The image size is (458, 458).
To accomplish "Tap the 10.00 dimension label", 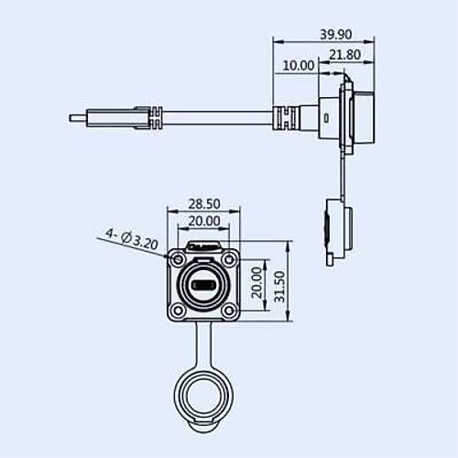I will coord(298,66).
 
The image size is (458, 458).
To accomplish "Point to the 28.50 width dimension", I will coord(202,204).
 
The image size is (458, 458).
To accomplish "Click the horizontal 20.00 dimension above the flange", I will coord(202,221).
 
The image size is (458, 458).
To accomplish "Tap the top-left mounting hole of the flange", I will coord(179,260).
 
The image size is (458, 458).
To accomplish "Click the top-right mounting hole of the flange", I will coord(228,260).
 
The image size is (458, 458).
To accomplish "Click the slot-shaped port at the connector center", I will coord(203,285).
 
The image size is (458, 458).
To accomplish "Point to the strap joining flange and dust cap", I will coord(203,348).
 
